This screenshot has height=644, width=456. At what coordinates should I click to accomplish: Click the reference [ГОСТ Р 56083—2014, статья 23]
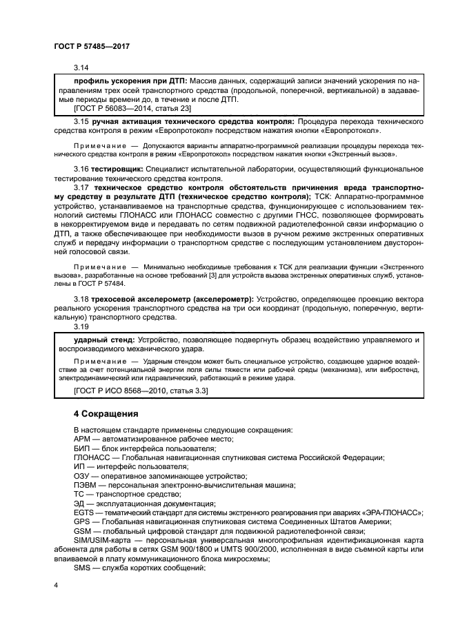tap(132, 108)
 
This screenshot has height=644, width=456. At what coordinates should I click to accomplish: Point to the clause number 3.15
tap(81, 121)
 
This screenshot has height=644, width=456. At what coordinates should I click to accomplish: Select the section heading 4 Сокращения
tap(106, 414)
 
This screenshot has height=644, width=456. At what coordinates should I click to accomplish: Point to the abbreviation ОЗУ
tap(82, 476)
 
